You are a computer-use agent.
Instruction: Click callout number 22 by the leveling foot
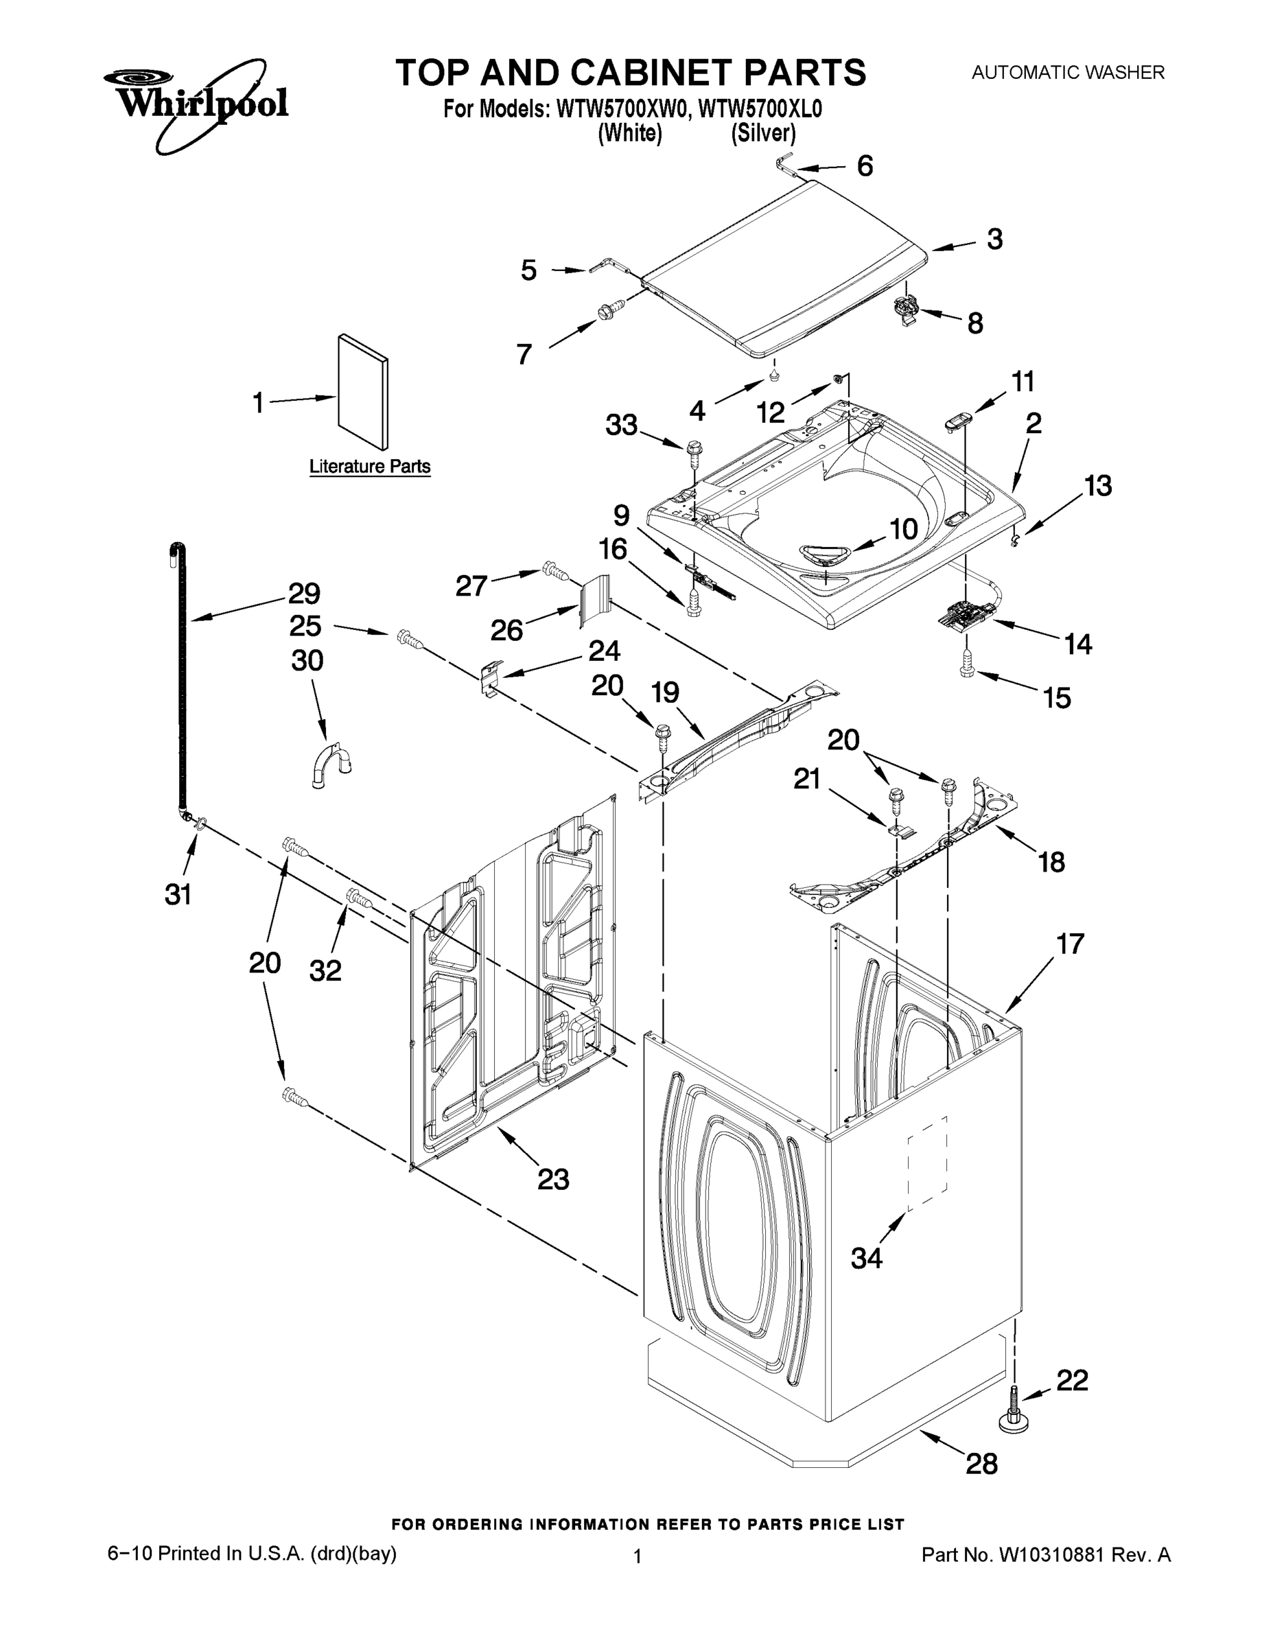coord(1072,1381)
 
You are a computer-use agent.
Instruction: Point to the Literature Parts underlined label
coord(369,467)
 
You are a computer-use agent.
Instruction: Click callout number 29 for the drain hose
coord(304,594)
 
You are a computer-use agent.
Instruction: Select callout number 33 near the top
coord(622,425)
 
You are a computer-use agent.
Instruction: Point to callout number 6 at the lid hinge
coord(864,165)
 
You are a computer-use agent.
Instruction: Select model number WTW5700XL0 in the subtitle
coord(760,110)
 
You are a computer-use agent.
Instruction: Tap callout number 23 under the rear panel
coord(553,1178)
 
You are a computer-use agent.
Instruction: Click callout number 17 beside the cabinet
coord(1070,944)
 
